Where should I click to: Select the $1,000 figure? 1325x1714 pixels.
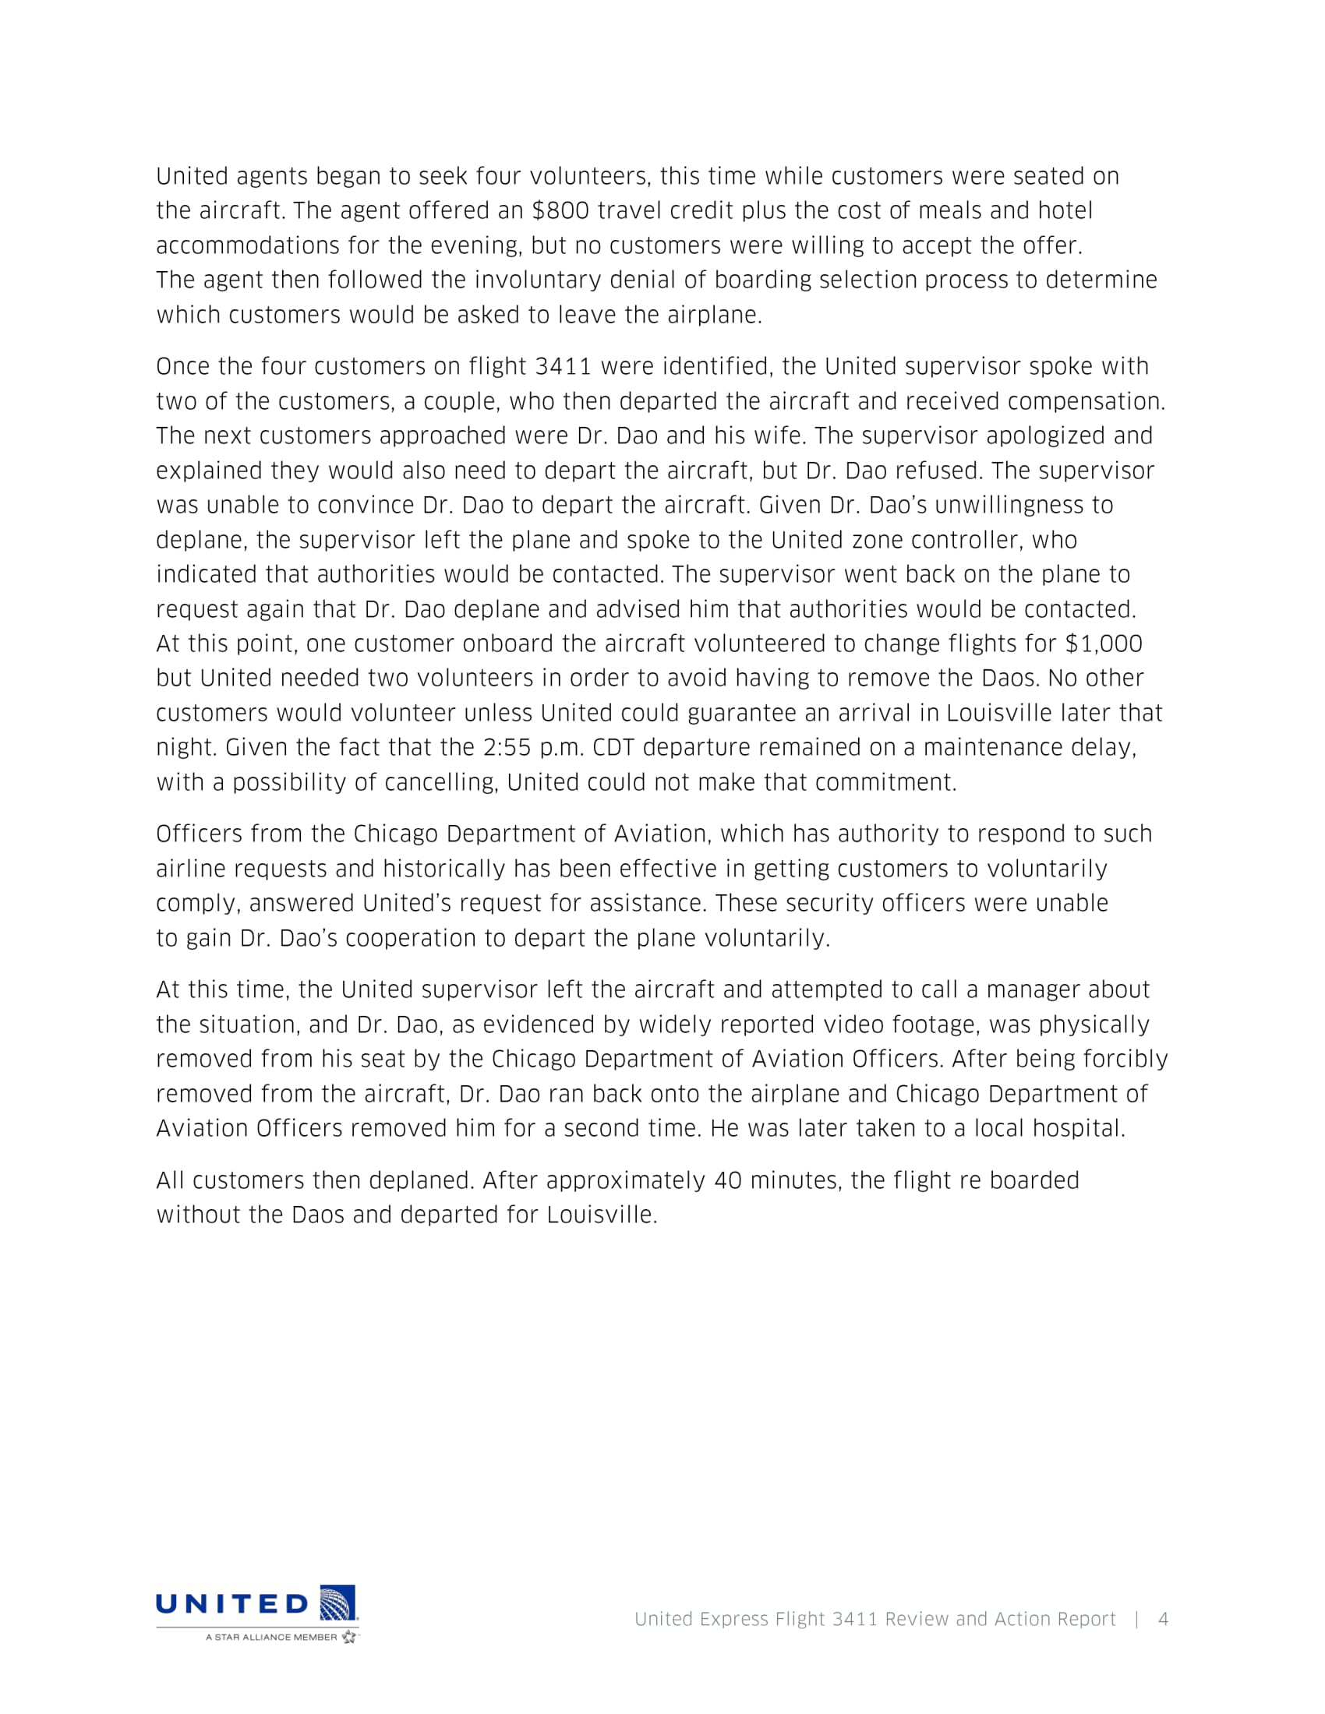1103,644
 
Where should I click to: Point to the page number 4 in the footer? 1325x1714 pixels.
1164,1619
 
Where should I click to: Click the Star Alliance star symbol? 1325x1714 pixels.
348,1637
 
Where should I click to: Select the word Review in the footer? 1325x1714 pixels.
916,1619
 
